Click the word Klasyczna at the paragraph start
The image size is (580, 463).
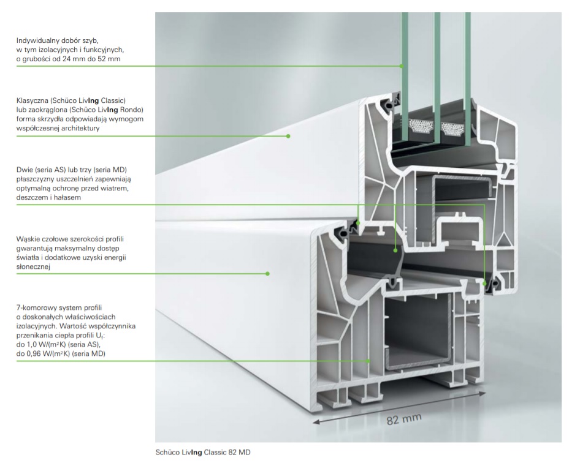click(35, 100)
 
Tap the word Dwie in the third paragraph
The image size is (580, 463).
click(25, 169)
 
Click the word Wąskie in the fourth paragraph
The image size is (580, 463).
click(29, 238)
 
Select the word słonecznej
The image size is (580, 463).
click(33, 267)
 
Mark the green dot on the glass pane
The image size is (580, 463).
click(402, 66)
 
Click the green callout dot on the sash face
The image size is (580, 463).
click(288, 136)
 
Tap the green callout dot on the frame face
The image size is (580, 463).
click(267, 273)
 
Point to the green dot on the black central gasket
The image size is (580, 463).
click(395, 249)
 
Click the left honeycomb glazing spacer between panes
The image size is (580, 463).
click(419, 129)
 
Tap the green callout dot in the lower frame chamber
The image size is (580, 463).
click(368, 361)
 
